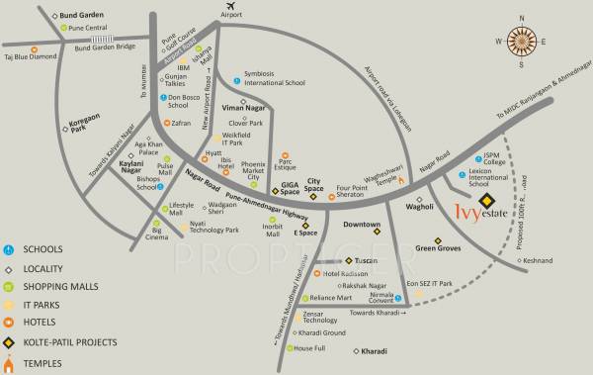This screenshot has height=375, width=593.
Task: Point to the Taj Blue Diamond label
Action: [x=32, y=58]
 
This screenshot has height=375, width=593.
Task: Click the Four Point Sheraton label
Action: [x=351, y=190]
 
